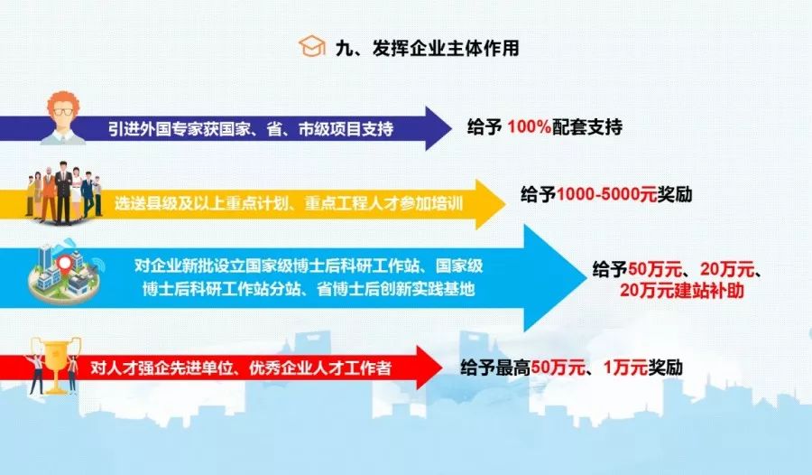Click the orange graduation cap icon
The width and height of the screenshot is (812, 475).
click(x=312, y=47)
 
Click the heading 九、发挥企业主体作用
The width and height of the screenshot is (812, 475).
click(x=428, y=48)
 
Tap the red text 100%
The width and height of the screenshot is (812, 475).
click(x=529, y=127)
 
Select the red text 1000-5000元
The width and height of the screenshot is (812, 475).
click(x=607, y=194)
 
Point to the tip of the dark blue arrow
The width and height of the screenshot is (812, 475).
click(x=451, y=128)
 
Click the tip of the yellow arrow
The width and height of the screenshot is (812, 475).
click(x=506, y=204)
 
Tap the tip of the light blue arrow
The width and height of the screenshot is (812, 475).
click(x=583, y=278)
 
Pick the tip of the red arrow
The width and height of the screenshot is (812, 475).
click(x=442, y=368)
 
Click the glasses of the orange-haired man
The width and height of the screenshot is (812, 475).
click(x=63, y=112)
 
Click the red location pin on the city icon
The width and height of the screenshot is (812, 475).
click(x=64, y=265)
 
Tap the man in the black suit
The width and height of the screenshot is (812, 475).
click(x=63, y=192)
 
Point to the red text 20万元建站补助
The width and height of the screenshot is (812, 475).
click(x=681, y=291)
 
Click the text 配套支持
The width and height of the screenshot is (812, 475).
click(x=587, y=127)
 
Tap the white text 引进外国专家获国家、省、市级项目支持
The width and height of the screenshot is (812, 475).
click(x=251, y=128)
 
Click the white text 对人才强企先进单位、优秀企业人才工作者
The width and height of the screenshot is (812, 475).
click(x=241, y=368)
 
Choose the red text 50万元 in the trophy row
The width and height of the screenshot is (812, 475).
click(x=558, y=368)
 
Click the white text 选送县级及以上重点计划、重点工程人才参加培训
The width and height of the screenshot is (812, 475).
click(x=289, y=203)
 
